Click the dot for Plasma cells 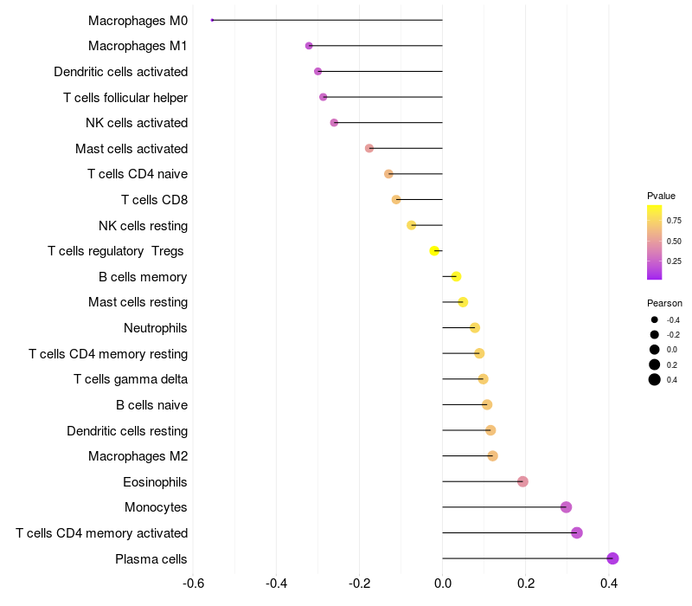click(612, 558)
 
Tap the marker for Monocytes click(566, 507)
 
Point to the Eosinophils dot click(522, 481)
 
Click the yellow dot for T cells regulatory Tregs click(434, 251)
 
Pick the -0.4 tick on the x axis click(276, 583)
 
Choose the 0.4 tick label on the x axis click(609, 583)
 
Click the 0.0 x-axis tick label click(442, 583)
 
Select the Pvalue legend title click(661, 196)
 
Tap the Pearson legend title click(664, 303)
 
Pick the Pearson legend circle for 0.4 click(655, 379)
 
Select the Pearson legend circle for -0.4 click(655, 319)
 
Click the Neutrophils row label click(156, 328)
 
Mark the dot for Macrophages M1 click(309, 46)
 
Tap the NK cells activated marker click(334, 123)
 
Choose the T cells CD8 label click(154, 200)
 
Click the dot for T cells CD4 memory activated click(577, 533)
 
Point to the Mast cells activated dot click(369, 148)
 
